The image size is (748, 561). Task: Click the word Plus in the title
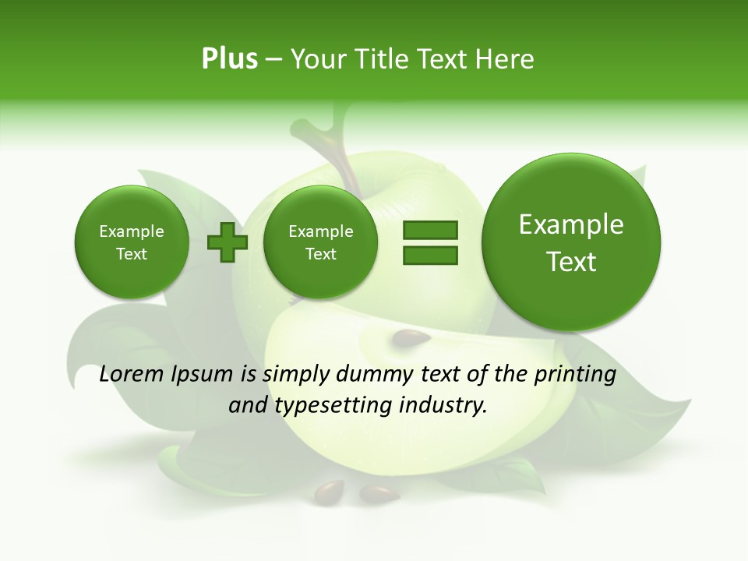[x=229, y=59]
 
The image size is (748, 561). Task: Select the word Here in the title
[x=506, y=59]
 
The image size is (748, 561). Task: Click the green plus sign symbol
[x=228, y=242]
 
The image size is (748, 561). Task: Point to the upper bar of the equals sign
[x=430, y=230]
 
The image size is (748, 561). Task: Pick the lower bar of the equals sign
[x=430, y=255]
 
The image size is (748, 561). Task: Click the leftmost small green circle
[x=132, y=242]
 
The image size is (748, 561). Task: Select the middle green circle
[x=321, y=242]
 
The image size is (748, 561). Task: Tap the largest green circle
[x=571, y=242]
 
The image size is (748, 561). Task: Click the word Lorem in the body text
[x=132, y=375]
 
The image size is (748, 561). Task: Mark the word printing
[x=575, y=375]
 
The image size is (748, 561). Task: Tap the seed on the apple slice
[x=411, y=339]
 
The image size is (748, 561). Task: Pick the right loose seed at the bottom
[x=379, y=492]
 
